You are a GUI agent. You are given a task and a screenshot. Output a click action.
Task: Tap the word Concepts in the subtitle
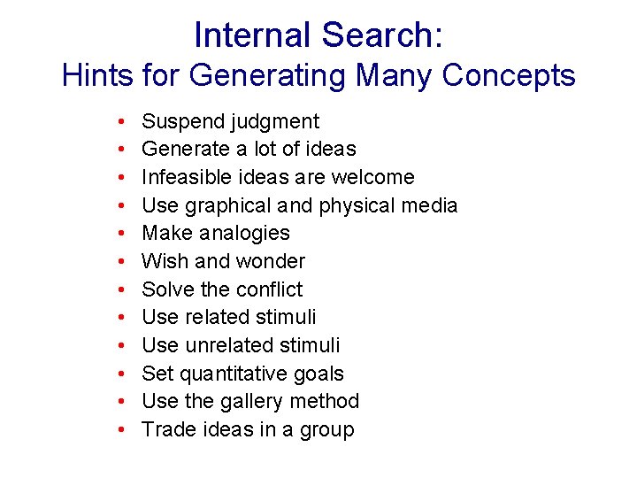tap(509, 75)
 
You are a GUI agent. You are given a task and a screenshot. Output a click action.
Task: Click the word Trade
tap(165, 429)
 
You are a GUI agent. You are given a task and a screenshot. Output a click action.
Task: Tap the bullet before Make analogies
tap(119, 234)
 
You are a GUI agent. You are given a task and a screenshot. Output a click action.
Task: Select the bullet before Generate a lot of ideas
tap(119, 150)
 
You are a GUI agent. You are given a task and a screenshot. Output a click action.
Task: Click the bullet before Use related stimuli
tap(119, 317)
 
